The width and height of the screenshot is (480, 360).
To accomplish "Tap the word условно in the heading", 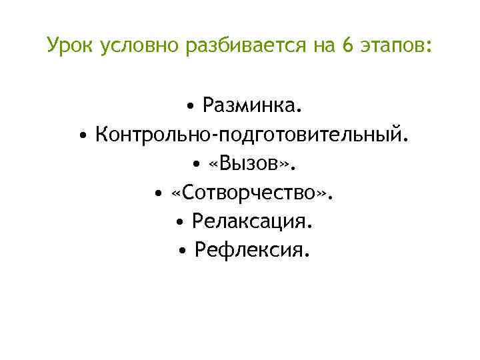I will pos(139,47).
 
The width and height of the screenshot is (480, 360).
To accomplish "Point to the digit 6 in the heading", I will pos(346,47).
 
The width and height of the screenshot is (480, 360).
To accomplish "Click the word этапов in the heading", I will pos(393,47).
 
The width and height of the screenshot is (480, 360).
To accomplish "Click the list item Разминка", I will pos(252,105).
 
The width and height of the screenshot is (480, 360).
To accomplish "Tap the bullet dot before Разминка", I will pos(191,107).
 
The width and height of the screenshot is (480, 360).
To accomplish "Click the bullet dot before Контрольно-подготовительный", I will pos(82,136).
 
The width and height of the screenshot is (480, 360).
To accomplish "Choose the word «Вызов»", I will pos(253,163).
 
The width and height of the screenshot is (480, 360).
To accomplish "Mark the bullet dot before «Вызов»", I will pos(198,165).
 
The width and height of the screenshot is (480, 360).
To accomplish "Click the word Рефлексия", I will pos(252,250).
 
